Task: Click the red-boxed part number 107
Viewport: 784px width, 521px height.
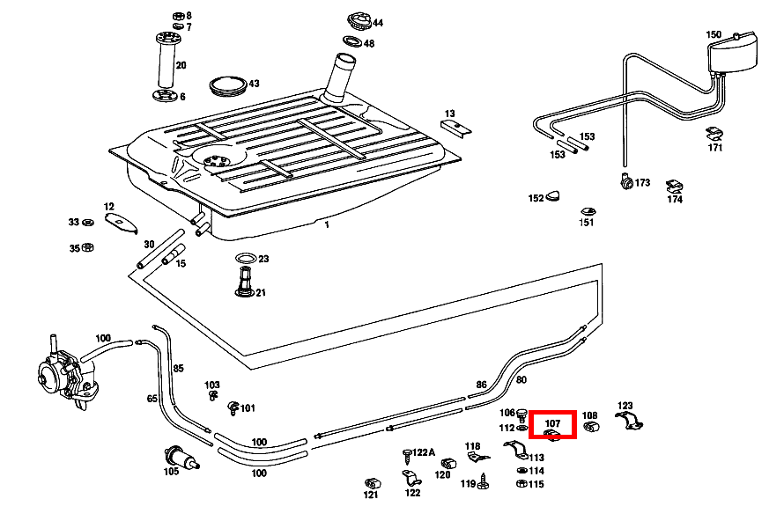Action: [552, 423]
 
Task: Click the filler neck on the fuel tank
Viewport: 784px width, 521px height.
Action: [339, 77]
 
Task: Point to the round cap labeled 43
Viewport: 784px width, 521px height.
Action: [229, 85]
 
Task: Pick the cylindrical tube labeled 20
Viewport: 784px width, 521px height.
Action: [165, 64]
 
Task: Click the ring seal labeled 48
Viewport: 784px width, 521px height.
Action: [351, 42]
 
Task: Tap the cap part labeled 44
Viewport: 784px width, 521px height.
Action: [359, 20]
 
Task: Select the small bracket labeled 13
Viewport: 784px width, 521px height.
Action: [455, 127]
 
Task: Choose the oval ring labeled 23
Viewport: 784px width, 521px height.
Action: [247, 259]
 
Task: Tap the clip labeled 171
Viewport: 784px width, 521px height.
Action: [714, 134]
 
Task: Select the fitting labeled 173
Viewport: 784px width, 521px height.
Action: [625, 181]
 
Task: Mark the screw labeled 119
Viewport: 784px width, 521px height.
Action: [484, 481]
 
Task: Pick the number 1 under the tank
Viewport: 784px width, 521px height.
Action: [326, 224]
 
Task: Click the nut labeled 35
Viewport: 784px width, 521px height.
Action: [88, 248]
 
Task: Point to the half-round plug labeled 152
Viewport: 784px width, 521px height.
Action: [554, 196]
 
